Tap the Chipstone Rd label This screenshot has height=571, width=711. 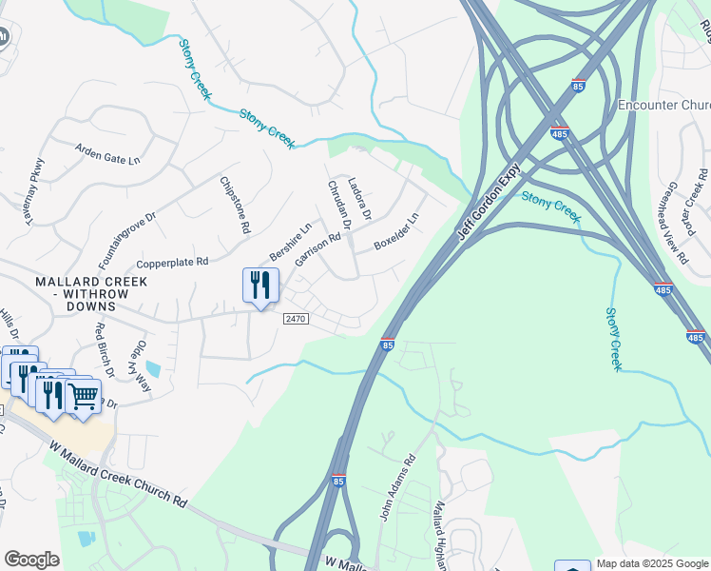tap(233, 206)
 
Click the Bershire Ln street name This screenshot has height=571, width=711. tap(290, 243)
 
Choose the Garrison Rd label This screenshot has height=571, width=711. tap(317, 251)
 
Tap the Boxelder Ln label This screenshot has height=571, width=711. tap(395, 231)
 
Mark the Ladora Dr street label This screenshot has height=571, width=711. tap(358, 197)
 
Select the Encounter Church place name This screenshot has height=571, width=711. tap(663, 104)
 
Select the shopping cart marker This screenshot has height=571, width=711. tap(84, 395)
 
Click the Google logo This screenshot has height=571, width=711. tap(31, 559)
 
